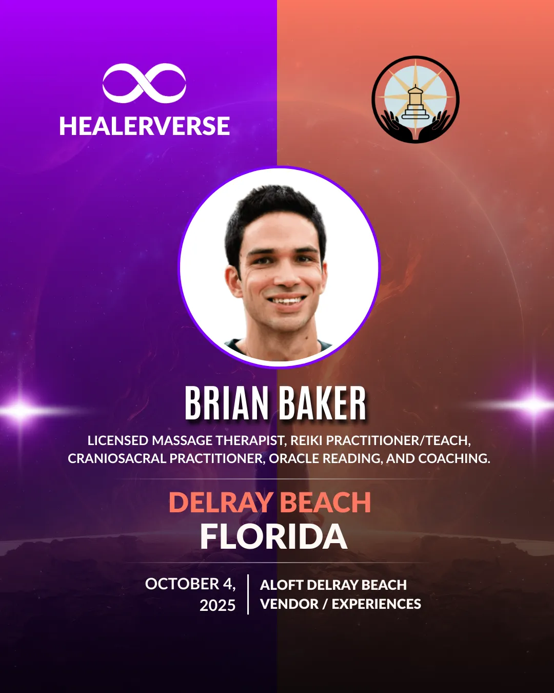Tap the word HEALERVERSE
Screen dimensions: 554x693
click(x=145, y=126)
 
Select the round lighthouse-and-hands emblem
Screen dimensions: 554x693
click(x=415, y=99)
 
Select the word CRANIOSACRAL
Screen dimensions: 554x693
click(x=117, y=458)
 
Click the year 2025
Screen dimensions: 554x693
click(x=217, y=605)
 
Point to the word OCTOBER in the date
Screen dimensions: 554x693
click(x=182, y=584)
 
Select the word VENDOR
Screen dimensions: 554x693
click(x=289, y=604)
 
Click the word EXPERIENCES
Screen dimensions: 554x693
click(x=377, y=604)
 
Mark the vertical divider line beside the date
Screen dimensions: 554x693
click(x=248, y=594)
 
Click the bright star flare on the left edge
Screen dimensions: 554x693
click(x=20, y=410)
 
